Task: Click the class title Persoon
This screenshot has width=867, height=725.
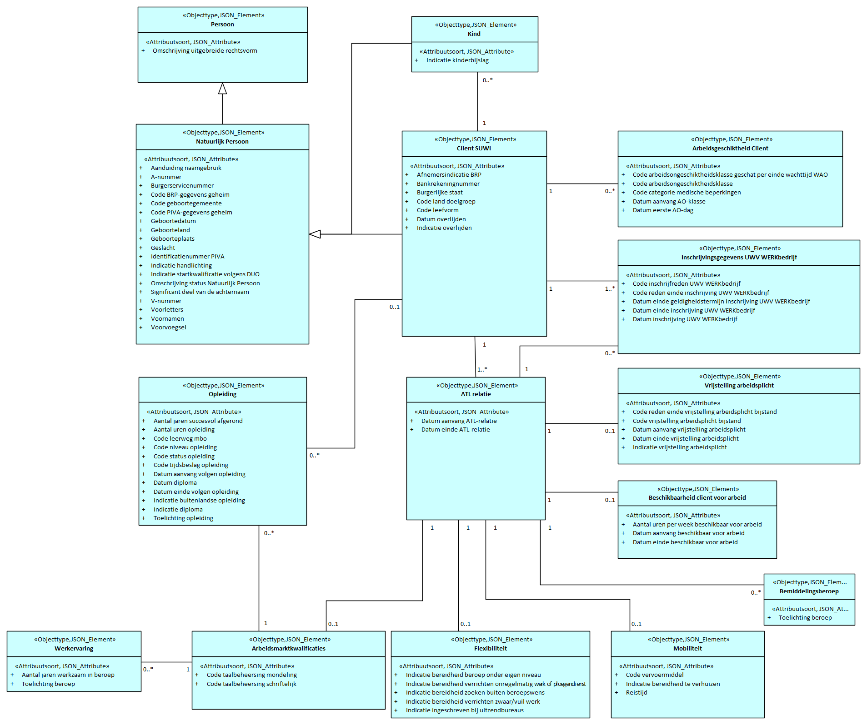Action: tap(222, 25)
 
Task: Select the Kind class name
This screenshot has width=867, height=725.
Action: tap(474, 34)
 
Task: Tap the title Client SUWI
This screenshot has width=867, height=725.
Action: tap(474, 149)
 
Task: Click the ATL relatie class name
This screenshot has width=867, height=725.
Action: tap(476, 394)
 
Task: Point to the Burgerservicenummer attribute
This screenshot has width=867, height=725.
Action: tap(182, 186)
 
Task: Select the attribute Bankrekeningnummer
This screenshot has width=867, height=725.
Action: tap(448, 184)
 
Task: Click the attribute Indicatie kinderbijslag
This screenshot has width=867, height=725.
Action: tap(457, 60)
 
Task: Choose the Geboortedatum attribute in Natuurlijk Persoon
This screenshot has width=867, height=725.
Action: tap(173, 221)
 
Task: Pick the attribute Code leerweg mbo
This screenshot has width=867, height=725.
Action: tap(180, 439)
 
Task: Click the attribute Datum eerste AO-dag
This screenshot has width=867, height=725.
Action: tap(662, 210)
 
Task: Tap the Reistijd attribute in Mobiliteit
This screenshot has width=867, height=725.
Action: tap(636, 693)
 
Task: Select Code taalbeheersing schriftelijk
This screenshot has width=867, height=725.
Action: tap(251, 684)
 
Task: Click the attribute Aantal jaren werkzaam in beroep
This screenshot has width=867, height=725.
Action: tap(68, 675)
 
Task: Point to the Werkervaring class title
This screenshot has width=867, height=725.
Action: tap(74, 649)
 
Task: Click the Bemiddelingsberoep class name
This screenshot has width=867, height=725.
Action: tap(809, 591)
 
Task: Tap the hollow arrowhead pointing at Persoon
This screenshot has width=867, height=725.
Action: tap(222, 89)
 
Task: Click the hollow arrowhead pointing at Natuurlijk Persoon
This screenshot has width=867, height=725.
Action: tap(315, 234)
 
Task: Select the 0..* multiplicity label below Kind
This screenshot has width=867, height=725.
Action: tap(487, 80)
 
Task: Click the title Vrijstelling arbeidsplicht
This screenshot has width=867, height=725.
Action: tap(739, 386)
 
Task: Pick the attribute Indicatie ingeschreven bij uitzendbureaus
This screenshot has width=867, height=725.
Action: tap(464, 710)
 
